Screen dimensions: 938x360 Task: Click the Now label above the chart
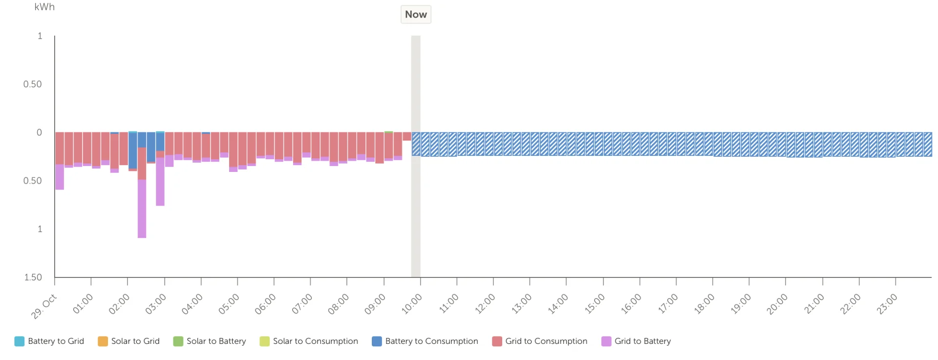416,15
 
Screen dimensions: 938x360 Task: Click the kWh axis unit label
44,7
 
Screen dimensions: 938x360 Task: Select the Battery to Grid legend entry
49,341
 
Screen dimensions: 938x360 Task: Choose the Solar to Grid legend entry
129,341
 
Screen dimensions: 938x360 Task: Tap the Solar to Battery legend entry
210,341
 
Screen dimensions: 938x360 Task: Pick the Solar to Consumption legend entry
309,341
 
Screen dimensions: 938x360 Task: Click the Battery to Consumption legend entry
425,341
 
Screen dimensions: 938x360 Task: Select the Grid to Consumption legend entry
540,341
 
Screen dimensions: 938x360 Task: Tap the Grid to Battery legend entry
636,341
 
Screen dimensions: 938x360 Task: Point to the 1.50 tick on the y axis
33,277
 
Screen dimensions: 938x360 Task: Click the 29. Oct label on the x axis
44,307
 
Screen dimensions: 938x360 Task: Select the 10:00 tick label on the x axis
412,304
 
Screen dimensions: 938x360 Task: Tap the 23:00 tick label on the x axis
887,304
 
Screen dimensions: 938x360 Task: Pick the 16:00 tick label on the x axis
631,304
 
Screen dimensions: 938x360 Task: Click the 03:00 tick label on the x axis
156,304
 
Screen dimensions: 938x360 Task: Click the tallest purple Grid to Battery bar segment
142,209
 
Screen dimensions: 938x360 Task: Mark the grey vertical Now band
416,156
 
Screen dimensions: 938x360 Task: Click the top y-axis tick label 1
40,36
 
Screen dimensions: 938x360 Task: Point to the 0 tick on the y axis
40,132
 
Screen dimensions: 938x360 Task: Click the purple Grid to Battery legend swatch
606,341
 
